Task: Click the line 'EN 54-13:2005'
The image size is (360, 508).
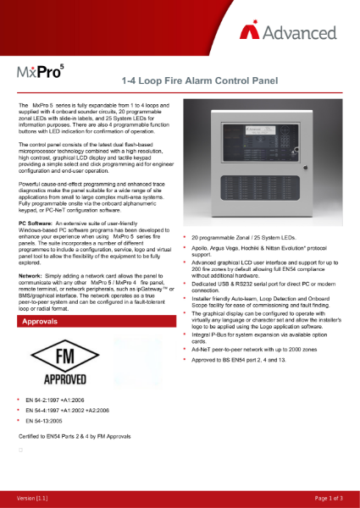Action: coord(47,421)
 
